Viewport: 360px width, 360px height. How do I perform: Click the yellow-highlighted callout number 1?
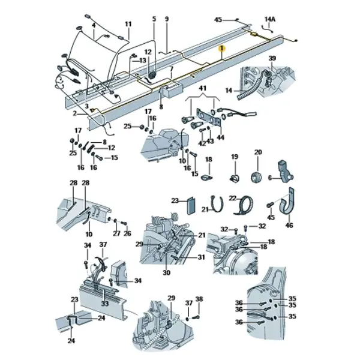[222, 49]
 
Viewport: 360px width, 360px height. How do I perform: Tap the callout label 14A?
[270, 19]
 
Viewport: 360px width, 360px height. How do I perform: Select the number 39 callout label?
[272, 58]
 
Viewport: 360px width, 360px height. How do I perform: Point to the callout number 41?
[202, 88]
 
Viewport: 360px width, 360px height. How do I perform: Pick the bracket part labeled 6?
[285, 171]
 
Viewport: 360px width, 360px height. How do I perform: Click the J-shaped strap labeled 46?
[287, 202]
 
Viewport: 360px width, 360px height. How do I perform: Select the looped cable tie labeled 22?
[243, 205]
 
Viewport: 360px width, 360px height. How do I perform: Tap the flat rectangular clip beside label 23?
[191, 205]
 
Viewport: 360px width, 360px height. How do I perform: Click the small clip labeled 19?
[235, 178]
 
